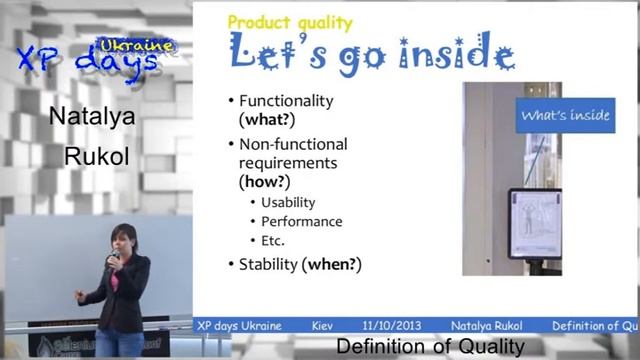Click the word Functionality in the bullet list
pyautogui.click(x=286, y=101)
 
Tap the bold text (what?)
pyautogui.click(x=269, y=119)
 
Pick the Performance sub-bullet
pyautogui.click(x=301, y=222)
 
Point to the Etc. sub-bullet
pyautogui.click(x=273, y=241)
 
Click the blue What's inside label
pyautogui.click(x=564, y=116)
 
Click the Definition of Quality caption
pyautogui.click(x=430, y=347)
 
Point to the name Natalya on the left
pyautogui.click(x=92, y=118)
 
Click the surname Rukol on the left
pyautogui.click(x=92, y=156)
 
